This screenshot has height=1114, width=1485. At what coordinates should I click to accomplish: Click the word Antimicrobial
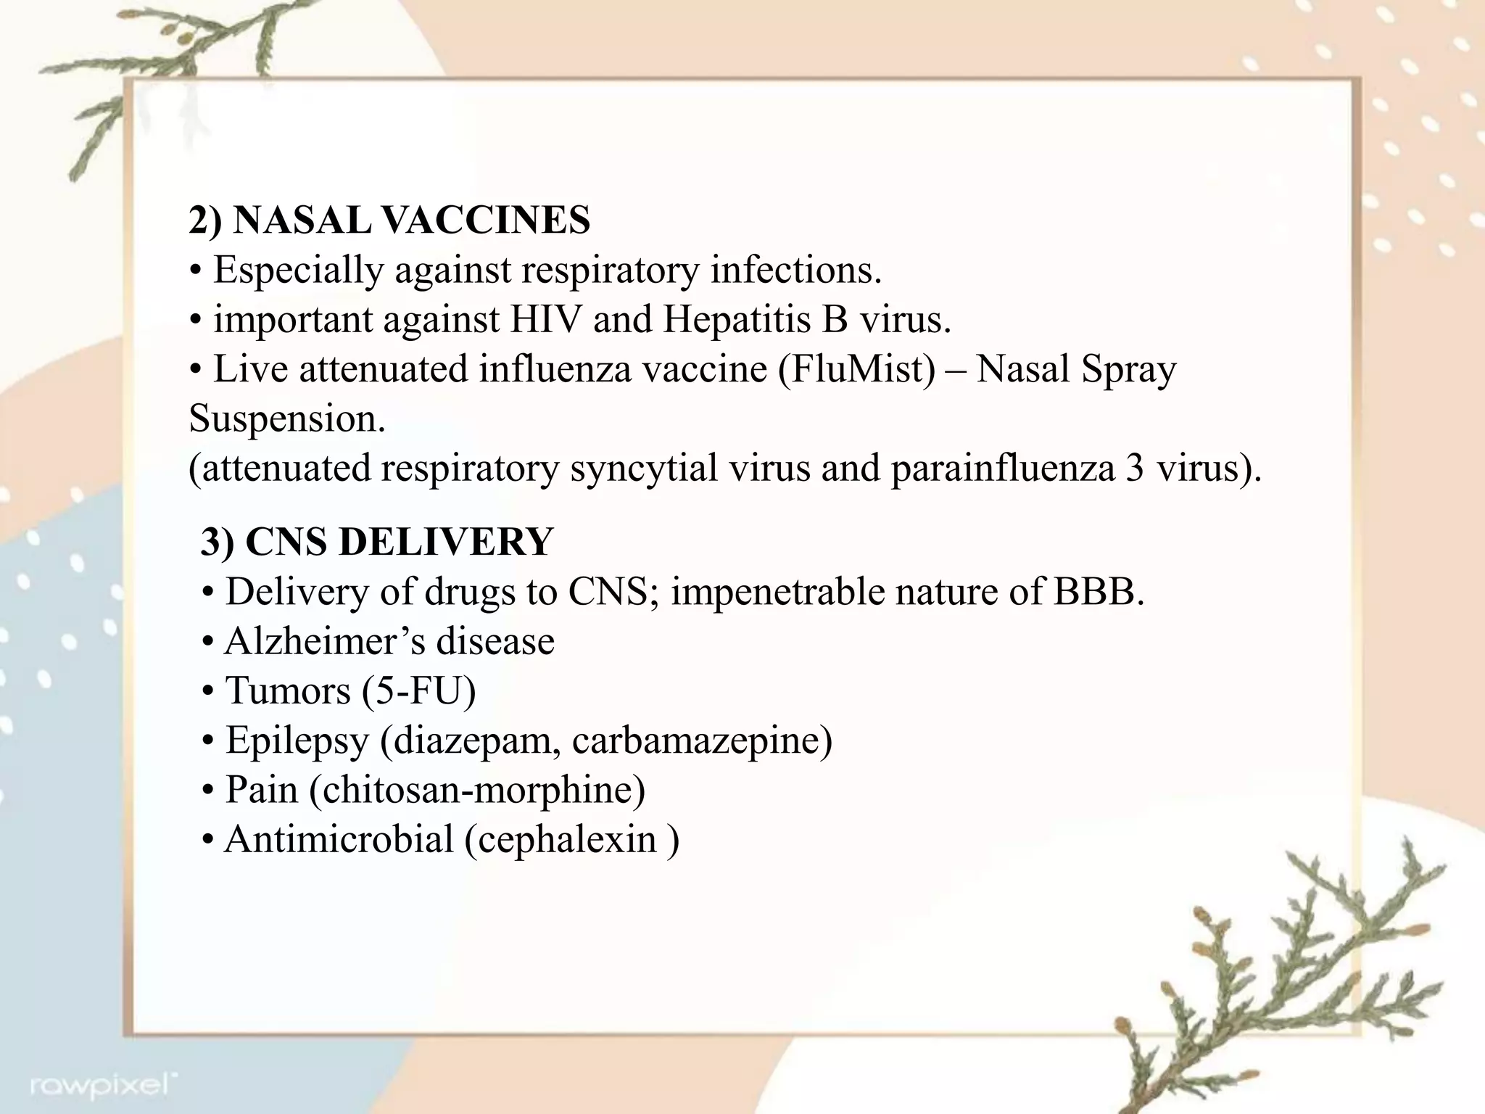point(339,840)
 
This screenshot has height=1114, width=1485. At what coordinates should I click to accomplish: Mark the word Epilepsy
point(297,740)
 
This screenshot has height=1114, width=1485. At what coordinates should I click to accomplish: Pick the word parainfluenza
point(1002,469)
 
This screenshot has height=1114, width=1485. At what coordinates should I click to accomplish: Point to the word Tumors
point(288,690)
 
